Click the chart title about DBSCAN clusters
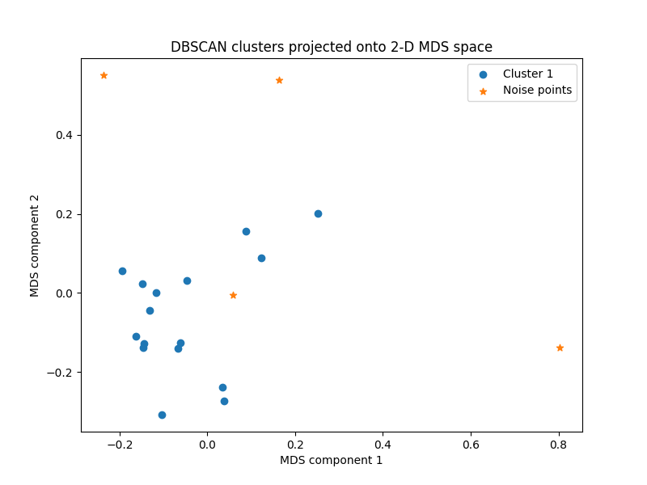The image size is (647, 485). pos(331,47)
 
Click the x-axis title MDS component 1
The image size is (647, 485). pos(331,460)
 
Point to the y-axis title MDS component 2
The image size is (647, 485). pos(35,245)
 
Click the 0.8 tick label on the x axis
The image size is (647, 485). pos(558,445)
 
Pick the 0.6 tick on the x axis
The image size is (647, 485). pos(471,445)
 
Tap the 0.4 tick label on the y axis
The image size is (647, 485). pos(65,135)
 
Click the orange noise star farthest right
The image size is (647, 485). pos(560,348)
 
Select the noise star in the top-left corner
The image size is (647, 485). pos(104,75)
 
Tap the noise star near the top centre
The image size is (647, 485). pos(279,80)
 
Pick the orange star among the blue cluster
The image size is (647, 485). pos(233,295)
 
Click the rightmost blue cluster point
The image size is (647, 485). pos(318,213)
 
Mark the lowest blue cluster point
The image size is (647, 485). pos(162,415)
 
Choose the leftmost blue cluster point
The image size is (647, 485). pos(122,271)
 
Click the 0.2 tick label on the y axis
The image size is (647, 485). pos(65,214)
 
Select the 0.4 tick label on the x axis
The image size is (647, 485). pos(383,445)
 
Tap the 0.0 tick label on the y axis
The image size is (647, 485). pos(65,293)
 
